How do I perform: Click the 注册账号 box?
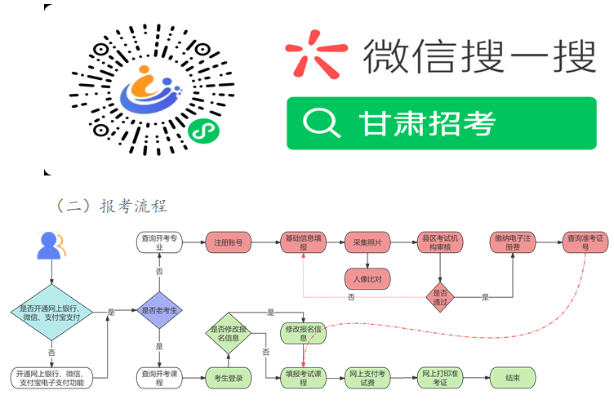229,242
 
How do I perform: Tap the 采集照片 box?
367,242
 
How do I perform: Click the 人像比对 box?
367,278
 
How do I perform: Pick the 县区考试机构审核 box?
440,242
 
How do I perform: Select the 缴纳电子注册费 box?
512,242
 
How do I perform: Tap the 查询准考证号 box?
585,242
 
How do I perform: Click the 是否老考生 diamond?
158,310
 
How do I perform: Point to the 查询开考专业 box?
158,242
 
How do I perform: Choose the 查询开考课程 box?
158,377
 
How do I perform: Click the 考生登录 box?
229,377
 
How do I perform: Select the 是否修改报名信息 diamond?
229,333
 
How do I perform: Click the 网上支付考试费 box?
367,377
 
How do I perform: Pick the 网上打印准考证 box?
440,377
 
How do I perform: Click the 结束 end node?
512,377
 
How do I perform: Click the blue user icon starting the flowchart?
51,246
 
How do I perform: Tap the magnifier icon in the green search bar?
321,123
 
